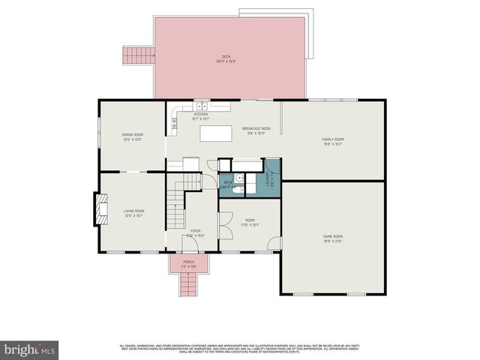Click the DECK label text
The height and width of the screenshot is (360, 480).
click(226, 57)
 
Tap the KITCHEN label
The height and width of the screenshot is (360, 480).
click(201, 115)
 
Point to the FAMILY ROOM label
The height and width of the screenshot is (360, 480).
click(333, 139)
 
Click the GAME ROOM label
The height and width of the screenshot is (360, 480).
click(333, 236)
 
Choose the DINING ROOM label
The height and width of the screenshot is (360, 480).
click(133, 135)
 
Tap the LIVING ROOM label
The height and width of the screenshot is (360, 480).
click(134, 211)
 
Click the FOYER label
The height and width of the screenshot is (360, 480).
click(195, 231)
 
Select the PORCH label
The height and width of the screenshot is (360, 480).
click(188, 262)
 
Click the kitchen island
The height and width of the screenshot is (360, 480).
click(216, 133)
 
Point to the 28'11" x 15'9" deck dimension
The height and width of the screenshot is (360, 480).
click(226, 62)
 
